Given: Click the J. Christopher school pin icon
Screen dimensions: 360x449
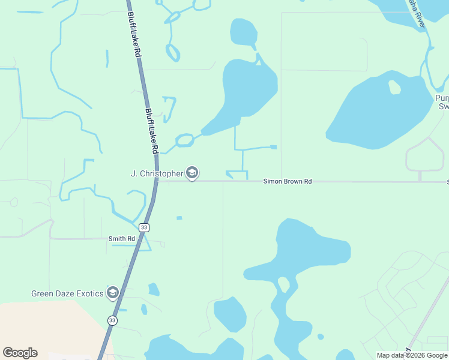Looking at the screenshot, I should click(x=192, y=173).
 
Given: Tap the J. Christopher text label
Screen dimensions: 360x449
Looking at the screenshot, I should click(x=157, y=173).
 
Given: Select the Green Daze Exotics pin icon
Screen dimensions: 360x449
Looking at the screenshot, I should click(x=112, y=293).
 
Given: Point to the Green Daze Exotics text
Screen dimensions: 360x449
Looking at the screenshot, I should click(x=67, y=293).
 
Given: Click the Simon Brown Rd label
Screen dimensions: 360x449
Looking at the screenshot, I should click(x=288, y=181).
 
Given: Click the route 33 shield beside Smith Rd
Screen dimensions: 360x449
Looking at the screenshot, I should click(x=143, y=227).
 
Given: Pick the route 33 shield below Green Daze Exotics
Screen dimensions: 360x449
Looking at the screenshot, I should click(x=112, y=320).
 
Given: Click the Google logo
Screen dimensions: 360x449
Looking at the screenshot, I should click(x=20, y=353).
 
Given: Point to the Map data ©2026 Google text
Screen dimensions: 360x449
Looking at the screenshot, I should click(x=411, y=355).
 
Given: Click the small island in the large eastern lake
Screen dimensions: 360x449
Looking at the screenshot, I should click(x=394, y=88).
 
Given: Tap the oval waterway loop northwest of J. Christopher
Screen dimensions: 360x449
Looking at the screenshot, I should click(x=185, y=140).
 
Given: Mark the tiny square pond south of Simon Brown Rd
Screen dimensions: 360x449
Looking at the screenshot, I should click(x=179, y=218).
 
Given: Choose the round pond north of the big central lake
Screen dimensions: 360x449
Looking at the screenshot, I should click(x=243, y=31).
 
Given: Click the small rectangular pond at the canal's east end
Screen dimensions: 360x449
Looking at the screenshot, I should click(x=274, y=147).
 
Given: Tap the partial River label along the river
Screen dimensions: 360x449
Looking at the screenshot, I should click(x=417, y=12).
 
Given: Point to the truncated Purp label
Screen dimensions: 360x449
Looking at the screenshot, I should click(x=442, y=98).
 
